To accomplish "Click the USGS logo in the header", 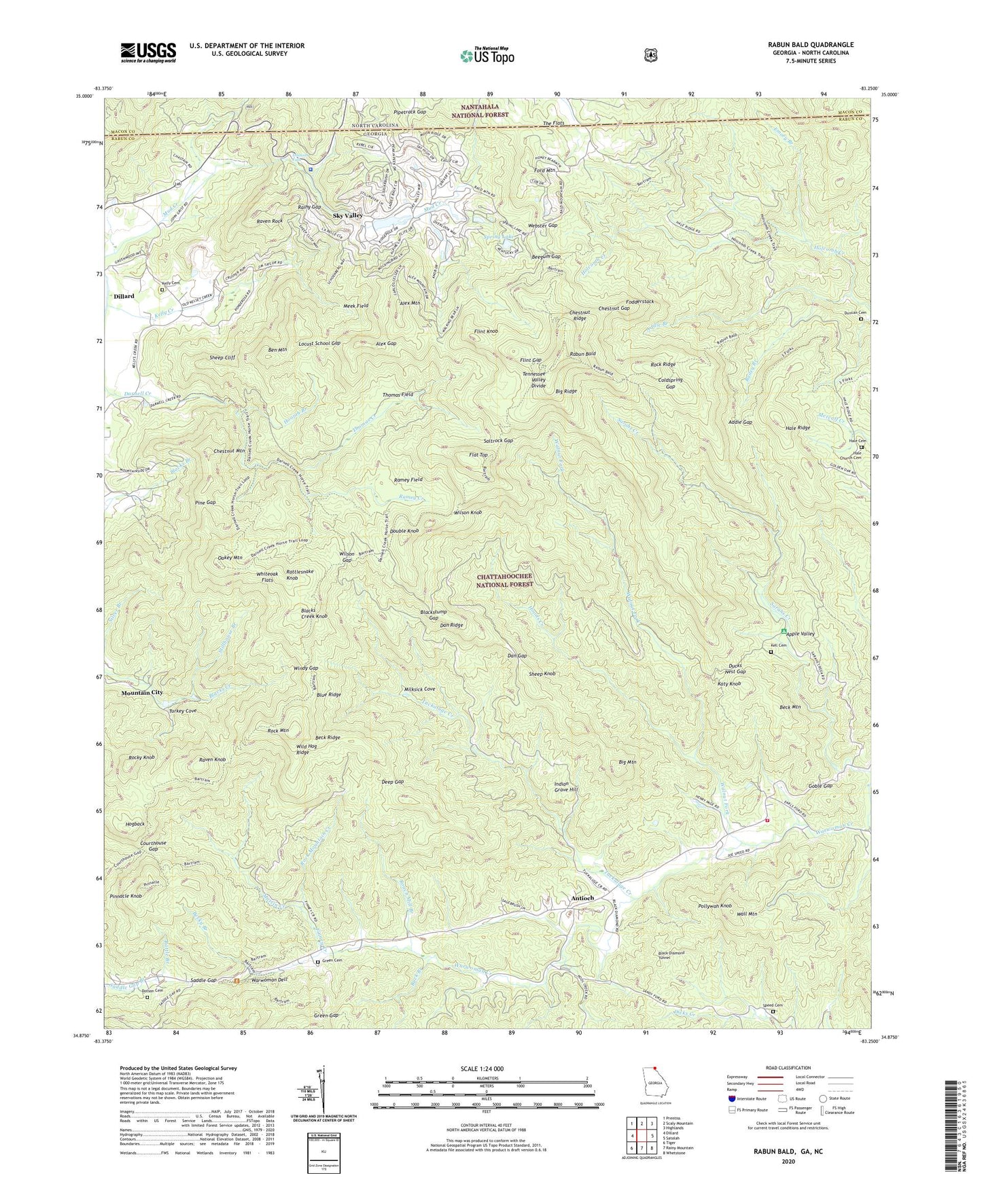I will (x=148, y=52).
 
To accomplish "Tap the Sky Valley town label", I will (x=347, y=215).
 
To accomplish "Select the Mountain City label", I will (x=142, y=692).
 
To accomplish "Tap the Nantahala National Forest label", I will (x=478, y=111).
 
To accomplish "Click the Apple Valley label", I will (x=800, y=634).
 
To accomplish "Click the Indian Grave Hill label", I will (x=565, y=787).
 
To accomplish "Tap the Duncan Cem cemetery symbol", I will (x=861, y=319).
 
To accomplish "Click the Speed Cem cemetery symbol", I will (x=773, y=1011).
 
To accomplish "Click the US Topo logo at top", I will (x=487, y=55).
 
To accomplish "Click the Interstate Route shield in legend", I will (x=731, y=1098).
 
